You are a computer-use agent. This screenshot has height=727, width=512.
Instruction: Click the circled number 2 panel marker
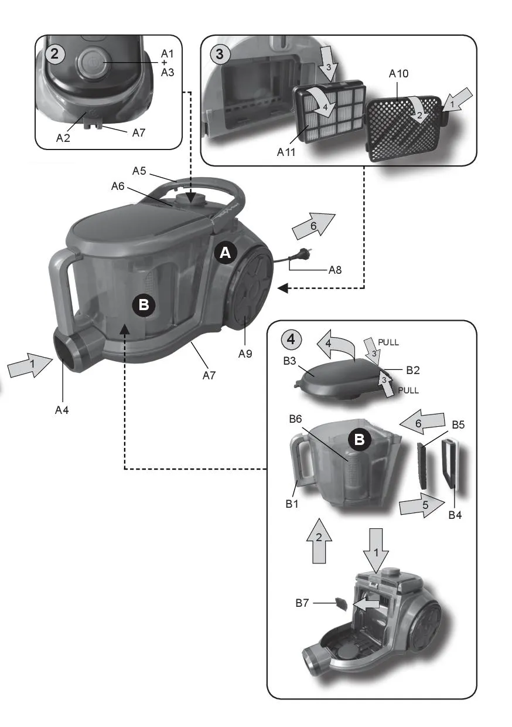pyautogui.click(x=54, y=54)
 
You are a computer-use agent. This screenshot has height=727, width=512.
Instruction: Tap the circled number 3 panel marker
pyautogui.click(x=220, y=54)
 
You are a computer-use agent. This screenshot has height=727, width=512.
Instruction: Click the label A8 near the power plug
pyautogui.click(x=334, y=270)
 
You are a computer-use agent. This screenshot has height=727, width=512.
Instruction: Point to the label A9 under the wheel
pyautogui.click(x=245, y=354)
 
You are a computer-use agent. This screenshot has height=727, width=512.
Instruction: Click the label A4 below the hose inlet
pyautogui.click(x=62, y=410)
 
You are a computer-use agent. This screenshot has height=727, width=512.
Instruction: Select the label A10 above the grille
pyautogui.click(x=398, y=74)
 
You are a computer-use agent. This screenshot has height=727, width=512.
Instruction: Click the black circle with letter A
pyautogui.click(x=226, y=253)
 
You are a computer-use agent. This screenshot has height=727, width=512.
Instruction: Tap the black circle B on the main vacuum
pyautogui.click(x=144, y=305)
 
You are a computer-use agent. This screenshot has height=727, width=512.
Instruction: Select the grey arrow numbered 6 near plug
pyautogui.click(x=313, y=226)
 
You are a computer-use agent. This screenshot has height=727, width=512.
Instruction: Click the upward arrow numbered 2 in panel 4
pyautogui.click(x=319, y=540)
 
